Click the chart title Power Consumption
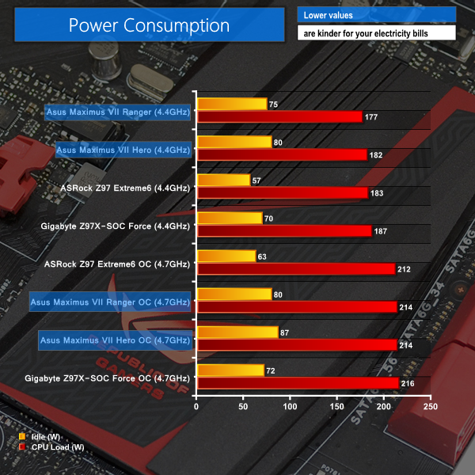click(149, 25)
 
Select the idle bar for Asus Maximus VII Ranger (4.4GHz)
click(231, 104)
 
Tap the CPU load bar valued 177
click(279, 117)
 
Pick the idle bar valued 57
click(223, 180)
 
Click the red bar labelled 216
click(298, 383)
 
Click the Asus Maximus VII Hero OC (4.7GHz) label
click(115, 340)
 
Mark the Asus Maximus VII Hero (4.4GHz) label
click(123, 150)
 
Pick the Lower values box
click(376, 15)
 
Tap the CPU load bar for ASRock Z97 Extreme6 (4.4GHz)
click(282, 193)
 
